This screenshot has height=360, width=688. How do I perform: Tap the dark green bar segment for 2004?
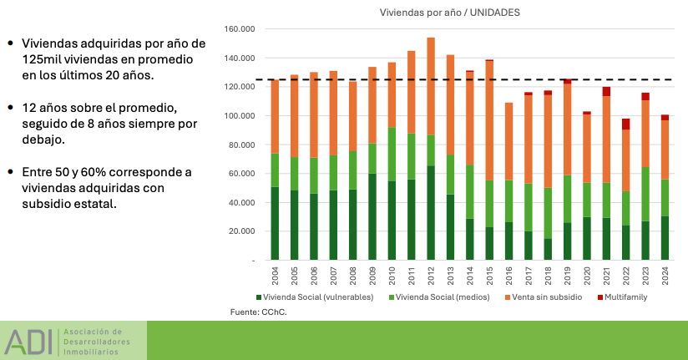coord(276,223)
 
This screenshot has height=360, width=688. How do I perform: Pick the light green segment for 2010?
coord(392,154)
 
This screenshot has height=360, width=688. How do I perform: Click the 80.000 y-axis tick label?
coord(240,145)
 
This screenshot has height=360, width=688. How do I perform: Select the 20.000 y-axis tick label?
coord(240,231)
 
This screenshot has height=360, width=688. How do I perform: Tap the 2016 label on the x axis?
coord(509,275)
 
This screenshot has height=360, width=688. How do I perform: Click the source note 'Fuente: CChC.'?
coord(251,312)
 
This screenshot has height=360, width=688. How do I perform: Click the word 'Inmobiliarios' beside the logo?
coord(91,352)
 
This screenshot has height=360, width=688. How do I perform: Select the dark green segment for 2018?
coord(548,249)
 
